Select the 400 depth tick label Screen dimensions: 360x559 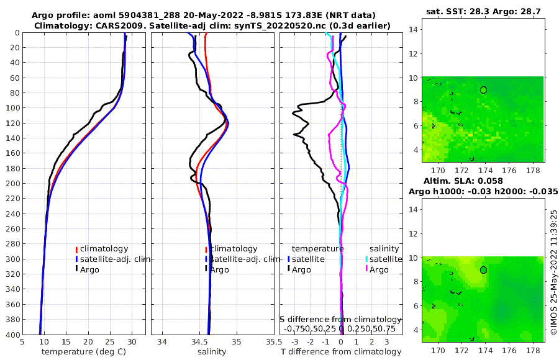pos(12,335)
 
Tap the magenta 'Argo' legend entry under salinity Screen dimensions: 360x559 pos(378,269)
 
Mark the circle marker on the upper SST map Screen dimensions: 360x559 pos(483,90)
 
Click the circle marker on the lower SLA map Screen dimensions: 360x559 pos(483,270)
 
